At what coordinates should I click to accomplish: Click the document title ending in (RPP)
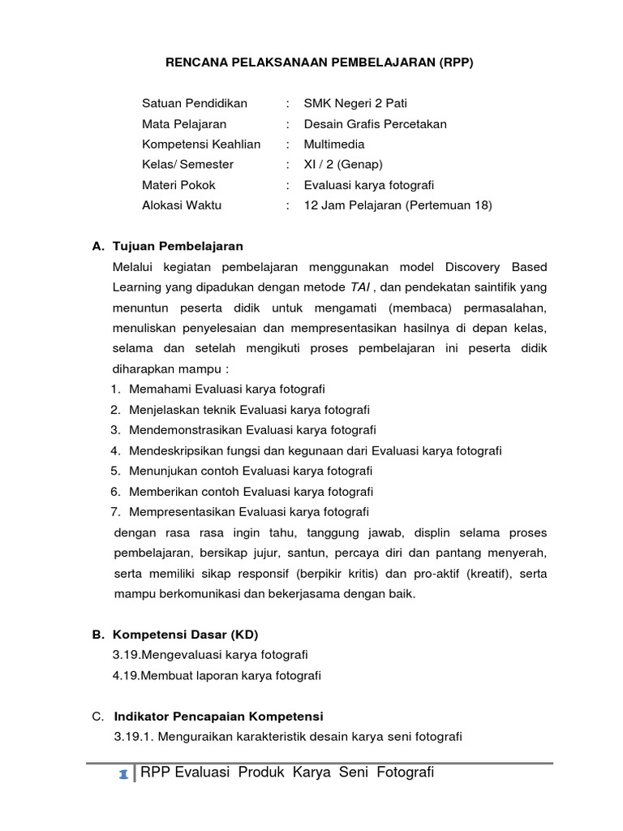pos(319,62)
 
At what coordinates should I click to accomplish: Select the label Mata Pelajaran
pos(184,124)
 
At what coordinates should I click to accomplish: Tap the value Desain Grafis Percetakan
pos(375,124)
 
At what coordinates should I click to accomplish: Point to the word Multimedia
pos(334,144)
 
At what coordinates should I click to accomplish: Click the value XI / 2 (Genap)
pos(343,165)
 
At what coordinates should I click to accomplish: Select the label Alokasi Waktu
pos(182,205)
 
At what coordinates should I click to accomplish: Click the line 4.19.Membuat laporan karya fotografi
pos(217,675)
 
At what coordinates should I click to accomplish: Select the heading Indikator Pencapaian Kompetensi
pos(218,717)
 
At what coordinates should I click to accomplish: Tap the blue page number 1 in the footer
pos(122,775)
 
